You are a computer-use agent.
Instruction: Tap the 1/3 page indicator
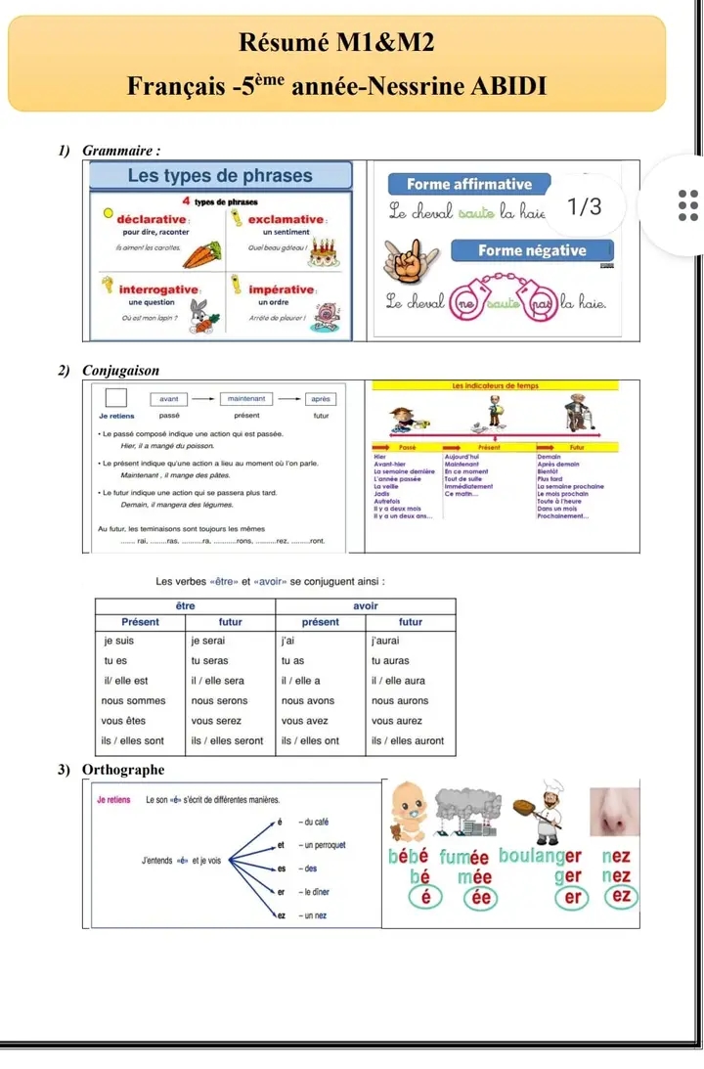[585, 207]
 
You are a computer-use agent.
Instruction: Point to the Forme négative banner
[532, 250]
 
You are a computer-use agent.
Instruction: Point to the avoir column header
[366, 606]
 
